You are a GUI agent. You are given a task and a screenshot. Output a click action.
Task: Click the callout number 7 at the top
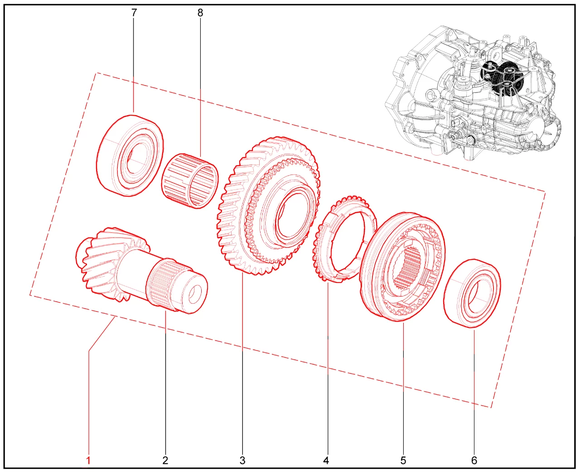tap(134, 13)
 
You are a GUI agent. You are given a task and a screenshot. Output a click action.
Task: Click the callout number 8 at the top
tap(200, 13)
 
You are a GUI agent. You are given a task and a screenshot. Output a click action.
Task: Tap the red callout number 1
tap(88, 460)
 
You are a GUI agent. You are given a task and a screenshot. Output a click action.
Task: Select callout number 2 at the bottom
tap(165, 460)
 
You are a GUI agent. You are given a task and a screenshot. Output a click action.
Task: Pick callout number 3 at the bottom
tap(242, 460)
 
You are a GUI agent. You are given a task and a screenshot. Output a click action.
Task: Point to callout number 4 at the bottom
tap(326, 460)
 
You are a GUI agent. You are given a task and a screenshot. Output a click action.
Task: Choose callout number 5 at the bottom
tap(403, 460)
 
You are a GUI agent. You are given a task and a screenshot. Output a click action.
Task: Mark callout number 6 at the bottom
tap(474, 460)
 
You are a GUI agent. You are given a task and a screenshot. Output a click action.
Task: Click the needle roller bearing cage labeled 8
tap(190, 181)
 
